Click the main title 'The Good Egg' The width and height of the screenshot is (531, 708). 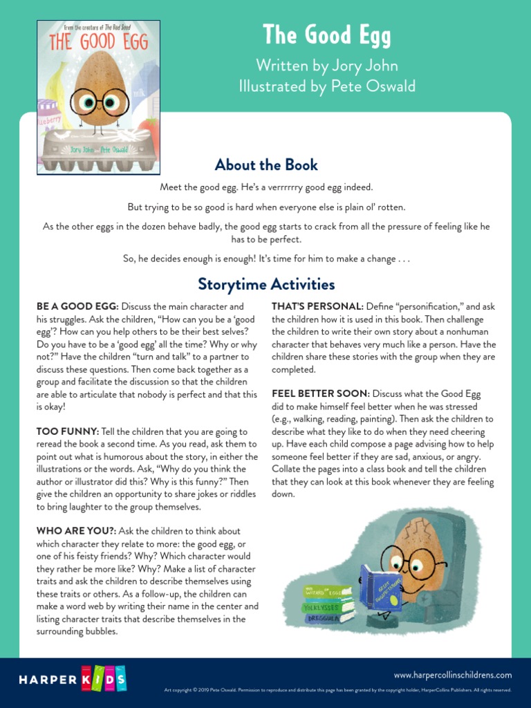point(326,35)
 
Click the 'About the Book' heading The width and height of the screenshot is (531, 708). point(266,165)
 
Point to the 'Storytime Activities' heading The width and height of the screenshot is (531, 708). point(266,284)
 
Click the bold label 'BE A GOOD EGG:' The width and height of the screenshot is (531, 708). point(77,306)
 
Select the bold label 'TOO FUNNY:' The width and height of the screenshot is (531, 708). point(64,431)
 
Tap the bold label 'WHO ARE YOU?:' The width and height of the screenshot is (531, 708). point(76,531)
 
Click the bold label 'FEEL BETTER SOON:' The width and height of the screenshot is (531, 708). point(321,394)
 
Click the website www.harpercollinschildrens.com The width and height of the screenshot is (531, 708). point(453,675)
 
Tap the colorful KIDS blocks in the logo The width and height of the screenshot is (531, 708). point(104,679)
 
